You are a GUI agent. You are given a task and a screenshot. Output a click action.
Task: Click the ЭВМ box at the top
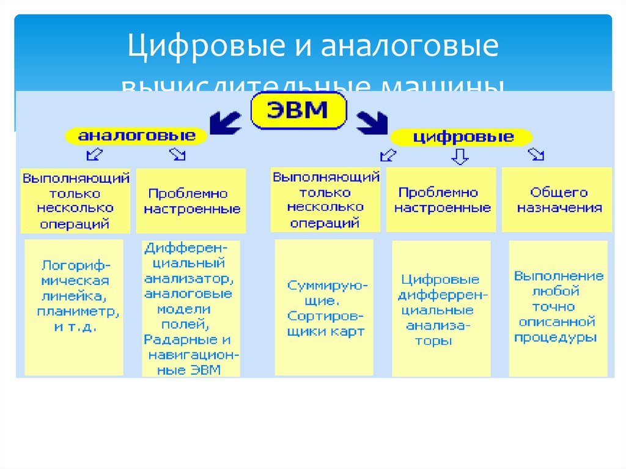298,111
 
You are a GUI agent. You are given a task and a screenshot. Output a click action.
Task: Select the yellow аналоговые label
136,135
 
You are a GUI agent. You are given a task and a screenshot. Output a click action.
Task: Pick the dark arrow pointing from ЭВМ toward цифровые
371,122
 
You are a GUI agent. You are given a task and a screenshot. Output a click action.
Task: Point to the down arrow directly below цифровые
460,157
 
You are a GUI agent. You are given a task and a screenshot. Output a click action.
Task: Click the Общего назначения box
557,200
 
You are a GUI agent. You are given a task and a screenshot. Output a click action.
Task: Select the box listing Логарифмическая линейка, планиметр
74,307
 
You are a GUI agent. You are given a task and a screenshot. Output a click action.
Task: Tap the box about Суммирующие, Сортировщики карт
324,307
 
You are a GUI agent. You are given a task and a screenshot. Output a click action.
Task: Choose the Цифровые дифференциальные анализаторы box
441,309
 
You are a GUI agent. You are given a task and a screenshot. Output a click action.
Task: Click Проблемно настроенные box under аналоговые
191,201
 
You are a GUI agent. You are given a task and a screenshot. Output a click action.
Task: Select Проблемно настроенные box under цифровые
441,199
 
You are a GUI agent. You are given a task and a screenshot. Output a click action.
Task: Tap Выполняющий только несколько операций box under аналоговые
75,201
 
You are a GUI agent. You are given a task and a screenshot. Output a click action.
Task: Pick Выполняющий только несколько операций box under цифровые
325,199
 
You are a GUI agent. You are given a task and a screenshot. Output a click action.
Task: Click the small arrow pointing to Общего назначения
536,155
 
